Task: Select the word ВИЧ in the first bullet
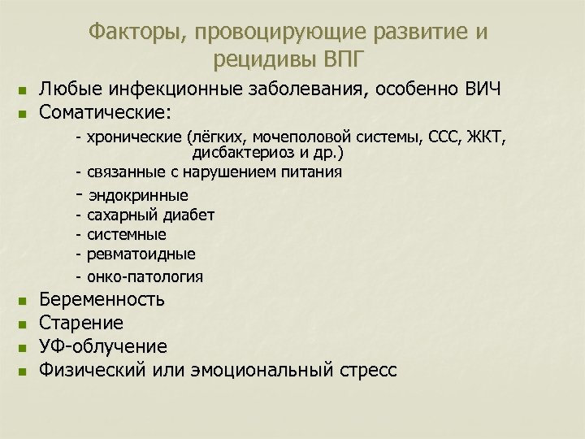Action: (x=482, y=89)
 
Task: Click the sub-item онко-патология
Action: (x=145, y=276)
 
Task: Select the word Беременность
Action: (x=102, y=300)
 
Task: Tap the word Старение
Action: (x=81, y=324)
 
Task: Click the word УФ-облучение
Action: (x=103, y=347)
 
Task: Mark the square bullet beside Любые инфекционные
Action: (x=23, y=90)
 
